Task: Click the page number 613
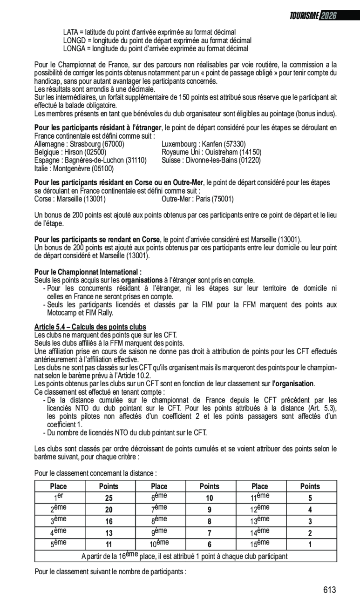(329, 590)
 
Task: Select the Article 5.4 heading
(90, 327)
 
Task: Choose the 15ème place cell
(259, 544)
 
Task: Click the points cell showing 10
(209, 498)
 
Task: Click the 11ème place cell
(259, 497)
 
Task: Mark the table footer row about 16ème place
(185, 556)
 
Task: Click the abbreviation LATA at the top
(71, 32)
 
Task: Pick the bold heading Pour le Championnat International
(88, 272)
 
